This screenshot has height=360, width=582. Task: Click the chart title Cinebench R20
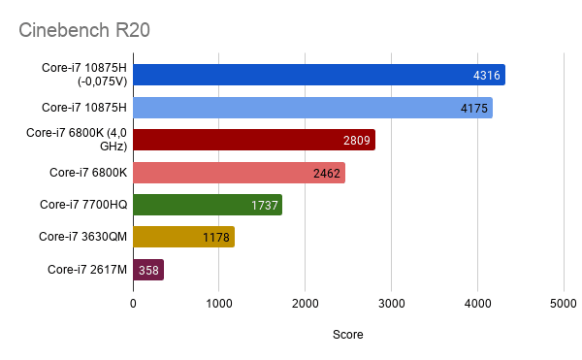tap(84, 30)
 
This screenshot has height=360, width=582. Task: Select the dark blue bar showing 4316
tap(319, 75)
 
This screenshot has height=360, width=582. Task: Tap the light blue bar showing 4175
tap(313, 108)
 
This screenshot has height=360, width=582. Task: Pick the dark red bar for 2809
tap(254, 140)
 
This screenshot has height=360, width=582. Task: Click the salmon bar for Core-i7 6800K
tap(239, 173)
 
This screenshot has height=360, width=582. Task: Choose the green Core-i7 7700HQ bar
tap(208, 205)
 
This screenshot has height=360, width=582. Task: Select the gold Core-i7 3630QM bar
tap(183, 237)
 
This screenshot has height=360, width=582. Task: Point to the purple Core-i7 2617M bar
tap(148, 270)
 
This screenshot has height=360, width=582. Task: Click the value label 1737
tap(264, 206)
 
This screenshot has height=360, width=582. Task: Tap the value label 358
tap(148, 270)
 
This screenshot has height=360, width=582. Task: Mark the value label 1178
tap(216, 237)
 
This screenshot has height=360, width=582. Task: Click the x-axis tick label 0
tap(133, 304)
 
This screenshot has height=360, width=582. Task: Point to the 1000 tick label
tap(219, 304)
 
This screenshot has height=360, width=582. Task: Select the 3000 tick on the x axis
tap(391, 304)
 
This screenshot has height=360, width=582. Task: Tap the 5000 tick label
tap(563, 304)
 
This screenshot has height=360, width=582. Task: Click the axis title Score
tap(348, 335)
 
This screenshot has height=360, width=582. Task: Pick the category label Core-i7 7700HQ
tap(83, 205)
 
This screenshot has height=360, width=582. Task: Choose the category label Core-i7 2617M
tap(87, 270)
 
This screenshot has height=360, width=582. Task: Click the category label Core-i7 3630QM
tap(82, 237)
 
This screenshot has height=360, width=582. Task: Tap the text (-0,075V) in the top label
tap(103, 82)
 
